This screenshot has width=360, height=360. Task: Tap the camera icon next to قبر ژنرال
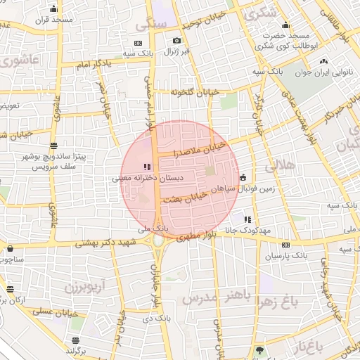click(x=176, y=41)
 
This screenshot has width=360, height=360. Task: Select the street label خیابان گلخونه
click(x=191, y=91)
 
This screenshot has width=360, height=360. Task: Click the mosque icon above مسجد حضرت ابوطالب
click(x=285, y=24)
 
